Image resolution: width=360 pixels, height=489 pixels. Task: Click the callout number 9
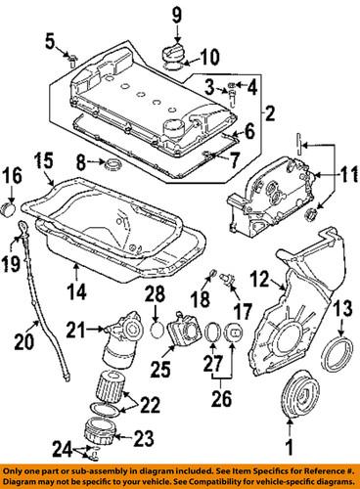tap(177, 14)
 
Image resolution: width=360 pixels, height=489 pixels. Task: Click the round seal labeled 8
tap(112, 160)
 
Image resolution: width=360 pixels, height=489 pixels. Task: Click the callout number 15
tap(41, 158)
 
